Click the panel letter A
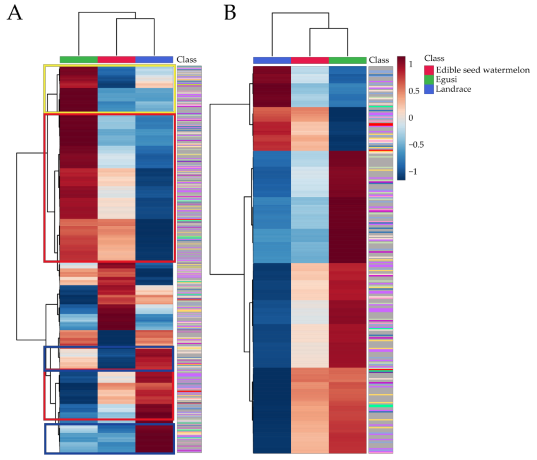coord(15,13)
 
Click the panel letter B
coord(230,13)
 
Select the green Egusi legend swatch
coord(429,80)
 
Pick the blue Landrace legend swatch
coord(429,89)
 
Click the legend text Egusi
coord(446,80)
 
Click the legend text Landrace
coord(453,89)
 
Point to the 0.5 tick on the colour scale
coord(414,91)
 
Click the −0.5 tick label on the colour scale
coord(416,145)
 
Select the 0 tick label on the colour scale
coord(411,118)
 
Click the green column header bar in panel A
coord(79,60)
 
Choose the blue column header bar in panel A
coord(154,60)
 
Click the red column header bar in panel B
coord(310,60)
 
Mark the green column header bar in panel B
coord(347,60)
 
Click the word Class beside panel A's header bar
coord(187,60)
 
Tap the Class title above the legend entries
coord(434,58)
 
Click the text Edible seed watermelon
coord(483,70)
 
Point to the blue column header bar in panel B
coord(272,60)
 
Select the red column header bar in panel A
coord(116,60)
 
